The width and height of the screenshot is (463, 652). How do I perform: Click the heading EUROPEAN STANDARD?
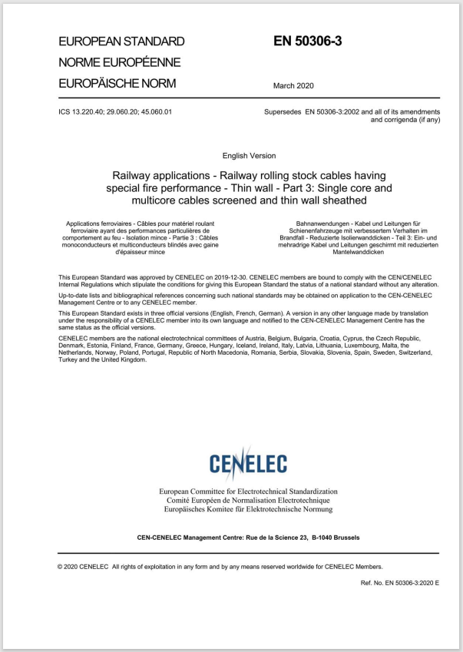pos(121,41)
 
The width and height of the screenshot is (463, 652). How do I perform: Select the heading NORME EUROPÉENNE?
pos(120,62)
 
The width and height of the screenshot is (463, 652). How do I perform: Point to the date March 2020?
pos(293,86)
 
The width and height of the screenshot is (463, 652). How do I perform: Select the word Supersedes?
pos(282,112)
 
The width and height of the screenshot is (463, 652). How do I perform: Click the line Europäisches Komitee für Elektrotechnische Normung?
pos(248,509)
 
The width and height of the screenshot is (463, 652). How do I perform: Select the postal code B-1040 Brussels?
pos(329,538)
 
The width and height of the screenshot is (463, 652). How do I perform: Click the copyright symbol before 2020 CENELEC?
pos(61,567)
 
